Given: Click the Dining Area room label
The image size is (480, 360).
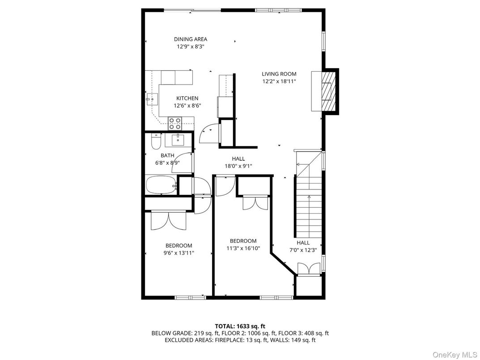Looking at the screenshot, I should click(x=191, y=39).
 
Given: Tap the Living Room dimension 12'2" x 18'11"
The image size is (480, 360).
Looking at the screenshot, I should click(x=279, y=81).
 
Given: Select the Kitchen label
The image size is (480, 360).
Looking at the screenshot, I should click(x=187, y=99).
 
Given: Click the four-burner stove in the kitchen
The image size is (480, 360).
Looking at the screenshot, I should click(x=174, y=123).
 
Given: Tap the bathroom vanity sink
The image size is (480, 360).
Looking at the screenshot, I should click(x=178, y=140).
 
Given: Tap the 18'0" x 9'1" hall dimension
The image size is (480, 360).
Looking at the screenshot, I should click(x=238, y=166).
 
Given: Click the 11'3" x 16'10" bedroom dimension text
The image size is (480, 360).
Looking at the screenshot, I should click(x=243, y=248).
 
